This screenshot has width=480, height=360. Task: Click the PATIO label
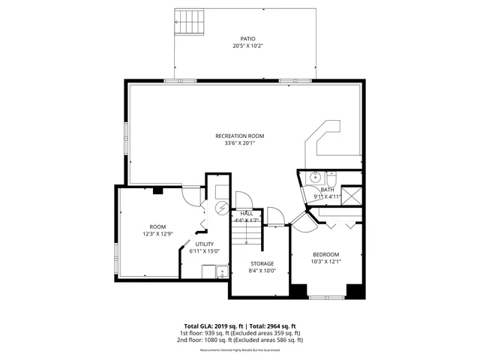[247, 38]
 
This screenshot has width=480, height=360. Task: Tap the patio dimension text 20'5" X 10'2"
[247, 46]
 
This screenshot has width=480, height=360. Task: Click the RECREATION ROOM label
[240, 136]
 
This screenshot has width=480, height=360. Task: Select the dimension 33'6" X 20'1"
[240, 143]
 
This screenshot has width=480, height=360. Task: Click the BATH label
[327, 190]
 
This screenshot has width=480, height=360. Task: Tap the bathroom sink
[316, 178]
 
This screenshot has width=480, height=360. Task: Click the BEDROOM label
[326, 254]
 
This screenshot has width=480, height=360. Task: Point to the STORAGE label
[262, 263]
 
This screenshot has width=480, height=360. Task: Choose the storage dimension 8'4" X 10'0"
[262, 271]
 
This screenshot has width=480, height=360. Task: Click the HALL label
[246, 214]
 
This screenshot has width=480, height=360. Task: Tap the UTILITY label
[205, 244]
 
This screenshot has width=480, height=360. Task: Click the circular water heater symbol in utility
[222, 208]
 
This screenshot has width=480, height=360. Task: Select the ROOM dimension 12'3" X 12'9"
[157, 234]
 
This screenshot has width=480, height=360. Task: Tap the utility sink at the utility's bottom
[222, 271]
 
